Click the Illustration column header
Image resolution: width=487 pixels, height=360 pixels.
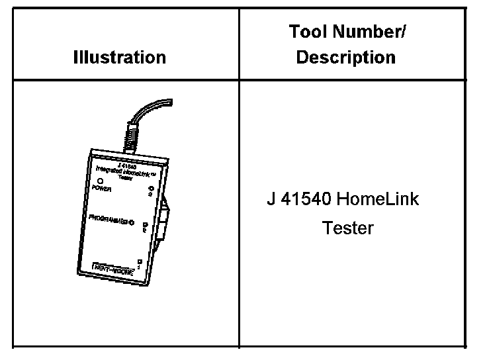[120, 57]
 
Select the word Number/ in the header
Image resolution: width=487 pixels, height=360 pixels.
[371, 32]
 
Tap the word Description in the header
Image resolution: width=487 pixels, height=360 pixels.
[345, 57]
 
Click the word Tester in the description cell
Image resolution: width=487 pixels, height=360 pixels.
[348, 228]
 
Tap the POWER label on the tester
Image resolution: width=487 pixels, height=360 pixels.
[101, 188]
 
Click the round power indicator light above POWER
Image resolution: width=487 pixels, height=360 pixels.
[100, 179]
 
